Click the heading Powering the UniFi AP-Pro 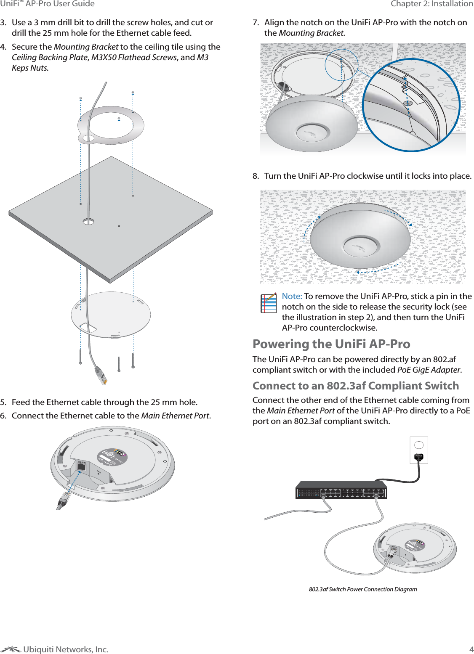331,344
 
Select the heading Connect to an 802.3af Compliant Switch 356,386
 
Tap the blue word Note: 292,296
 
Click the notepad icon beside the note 269,303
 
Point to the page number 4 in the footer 471,649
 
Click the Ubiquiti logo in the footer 11,649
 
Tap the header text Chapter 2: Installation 431,4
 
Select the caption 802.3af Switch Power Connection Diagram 363,589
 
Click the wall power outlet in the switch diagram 419,450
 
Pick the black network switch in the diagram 341,490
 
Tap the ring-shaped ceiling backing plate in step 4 111,125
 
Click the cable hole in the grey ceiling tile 88,221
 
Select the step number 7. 256,23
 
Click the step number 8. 256,176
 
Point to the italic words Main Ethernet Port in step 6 175,416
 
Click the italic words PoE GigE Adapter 429,370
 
